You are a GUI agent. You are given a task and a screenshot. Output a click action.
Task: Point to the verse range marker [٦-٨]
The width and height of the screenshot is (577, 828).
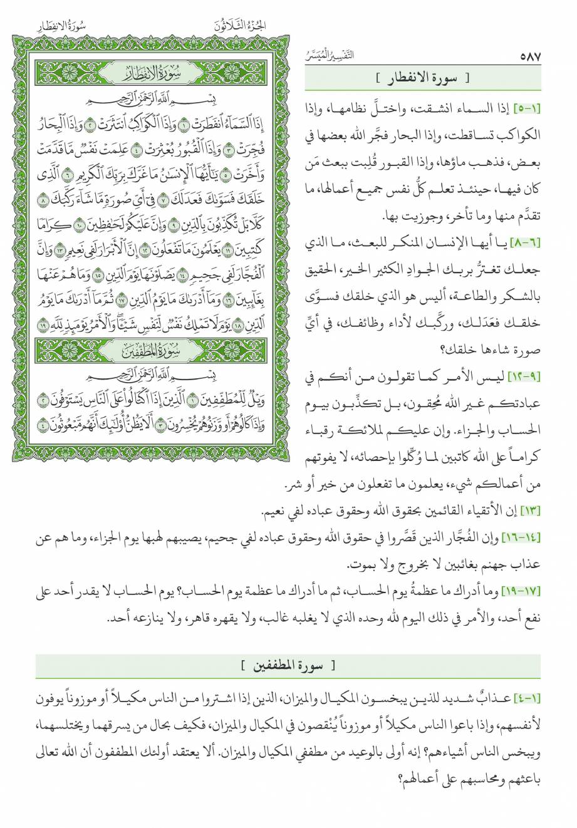[x=526, y=242]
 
